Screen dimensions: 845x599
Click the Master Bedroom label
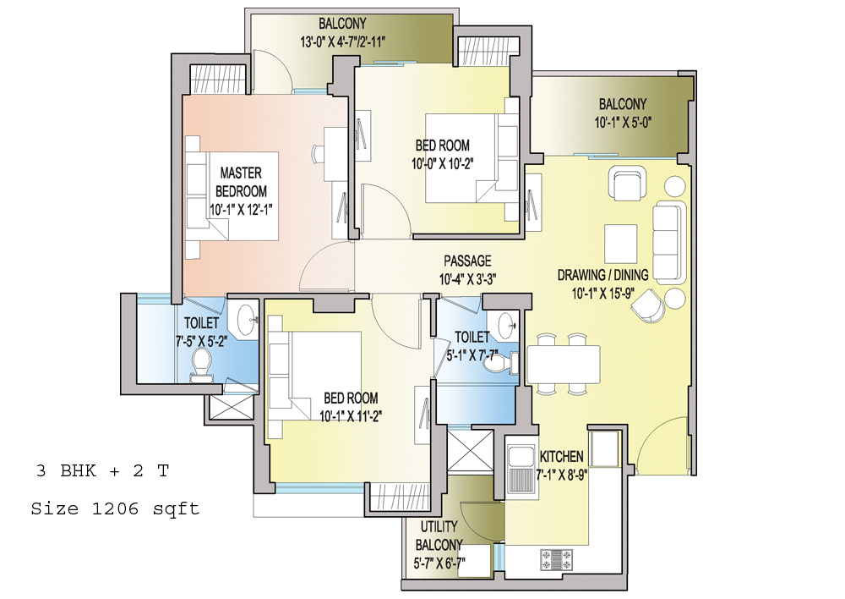click(241, 182)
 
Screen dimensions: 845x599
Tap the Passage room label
click(467, 261)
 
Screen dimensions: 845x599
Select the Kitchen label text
click(562, 457)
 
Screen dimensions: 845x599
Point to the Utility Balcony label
click(439, 536)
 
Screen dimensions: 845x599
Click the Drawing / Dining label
click(602, 275)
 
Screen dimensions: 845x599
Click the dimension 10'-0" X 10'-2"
click(443, 163)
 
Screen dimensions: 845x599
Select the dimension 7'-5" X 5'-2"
click(202, 342)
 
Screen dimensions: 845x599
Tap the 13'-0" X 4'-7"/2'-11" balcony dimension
click(343, 41)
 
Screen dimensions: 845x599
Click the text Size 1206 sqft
click(115, 508)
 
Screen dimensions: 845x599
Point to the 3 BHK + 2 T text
click(102, 470)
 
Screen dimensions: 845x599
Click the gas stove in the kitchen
click(557, 559)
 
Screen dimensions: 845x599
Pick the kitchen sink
click(521, 468)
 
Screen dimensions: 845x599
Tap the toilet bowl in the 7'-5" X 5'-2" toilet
click(202, 363)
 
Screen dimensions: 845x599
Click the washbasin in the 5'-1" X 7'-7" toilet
click(508, 324)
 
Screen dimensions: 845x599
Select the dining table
click(564, 365)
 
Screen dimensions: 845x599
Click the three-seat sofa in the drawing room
click(669, 243)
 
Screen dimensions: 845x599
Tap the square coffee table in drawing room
click(621, 244)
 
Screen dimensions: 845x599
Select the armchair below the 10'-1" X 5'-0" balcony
click(627, 184)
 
